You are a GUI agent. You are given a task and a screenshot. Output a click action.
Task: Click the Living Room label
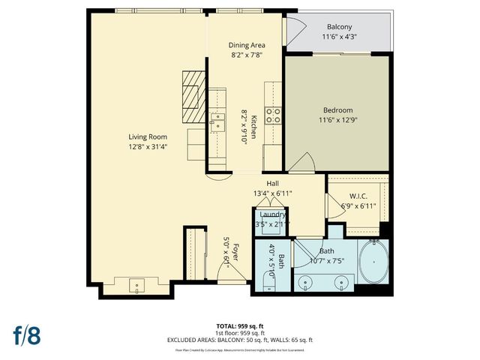147,136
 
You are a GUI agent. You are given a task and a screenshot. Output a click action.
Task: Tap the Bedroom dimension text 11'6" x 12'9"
337,120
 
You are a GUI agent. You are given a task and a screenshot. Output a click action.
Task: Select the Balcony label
339,26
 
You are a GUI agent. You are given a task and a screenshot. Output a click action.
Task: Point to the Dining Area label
247,45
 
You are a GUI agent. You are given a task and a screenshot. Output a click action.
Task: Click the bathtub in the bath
372,264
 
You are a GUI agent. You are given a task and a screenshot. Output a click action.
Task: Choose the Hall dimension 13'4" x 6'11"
272,193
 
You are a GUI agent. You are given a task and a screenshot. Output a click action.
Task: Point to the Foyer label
235,251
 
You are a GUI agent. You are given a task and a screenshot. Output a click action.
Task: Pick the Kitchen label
254,127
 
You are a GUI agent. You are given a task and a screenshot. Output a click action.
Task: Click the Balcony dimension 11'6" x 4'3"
339,36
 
